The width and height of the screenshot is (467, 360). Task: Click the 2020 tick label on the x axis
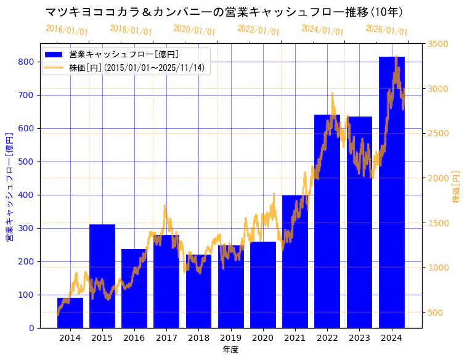[263, 338]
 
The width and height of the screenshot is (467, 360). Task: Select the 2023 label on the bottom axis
[359, 338]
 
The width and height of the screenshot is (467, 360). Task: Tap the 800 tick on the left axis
[26, 62]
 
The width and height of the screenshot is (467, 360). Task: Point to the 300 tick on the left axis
[26, 228]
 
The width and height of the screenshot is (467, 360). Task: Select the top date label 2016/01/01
[67, 30]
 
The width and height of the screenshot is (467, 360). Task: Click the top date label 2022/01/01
[258, 30]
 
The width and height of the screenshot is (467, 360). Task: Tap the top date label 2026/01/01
[386, 30]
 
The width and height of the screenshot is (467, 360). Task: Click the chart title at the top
[224, 12]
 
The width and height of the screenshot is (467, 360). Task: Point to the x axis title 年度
[230, 350]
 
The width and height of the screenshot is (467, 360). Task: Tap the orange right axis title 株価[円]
[457, 187]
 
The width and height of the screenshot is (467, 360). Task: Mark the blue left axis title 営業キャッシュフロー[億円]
[9, 187]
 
